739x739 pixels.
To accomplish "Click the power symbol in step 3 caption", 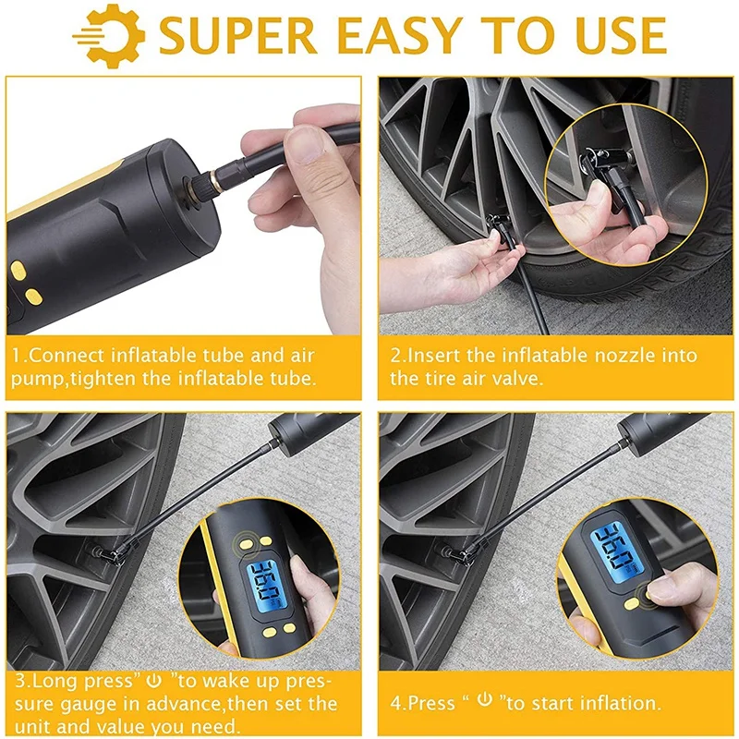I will [154, 681].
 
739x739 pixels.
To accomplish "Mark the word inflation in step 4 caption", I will [624, 702].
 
